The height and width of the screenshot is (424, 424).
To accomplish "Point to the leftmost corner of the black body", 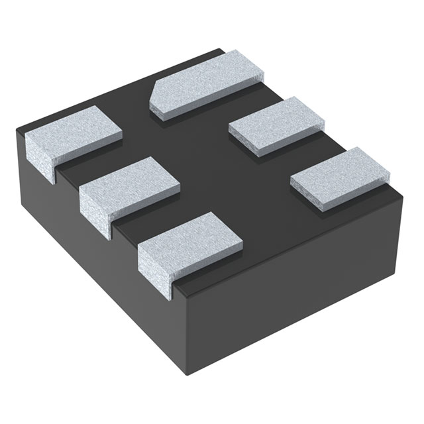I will pos(17,129).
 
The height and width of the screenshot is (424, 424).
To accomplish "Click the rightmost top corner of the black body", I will pos(403,192).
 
